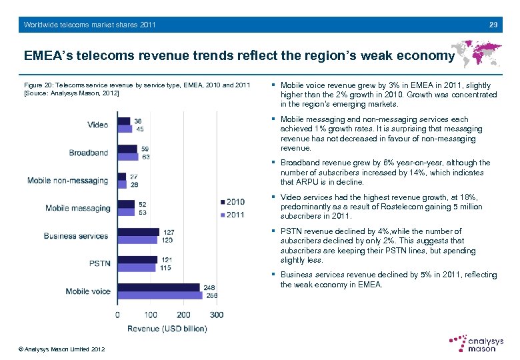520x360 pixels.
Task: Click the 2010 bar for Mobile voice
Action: coord(159,287)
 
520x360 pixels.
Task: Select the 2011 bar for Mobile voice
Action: coord(160,295)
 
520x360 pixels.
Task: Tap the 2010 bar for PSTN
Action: coord(137,260)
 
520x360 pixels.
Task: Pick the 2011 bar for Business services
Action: coord(137,240)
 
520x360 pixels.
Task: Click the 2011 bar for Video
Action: coord(125,129)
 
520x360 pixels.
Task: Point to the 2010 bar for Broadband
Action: coord(127,149)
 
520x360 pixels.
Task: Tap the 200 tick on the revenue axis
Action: coord(183,315)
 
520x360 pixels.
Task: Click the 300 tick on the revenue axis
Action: coord(215,315)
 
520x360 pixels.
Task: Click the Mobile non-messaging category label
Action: coord(67,181)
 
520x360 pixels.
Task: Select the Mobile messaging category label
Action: coord(78,208)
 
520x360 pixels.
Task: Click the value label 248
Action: coord(209,287)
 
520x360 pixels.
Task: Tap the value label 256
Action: coord(212,295)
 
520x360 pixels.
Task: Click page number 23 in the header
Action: coord(493,25)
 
